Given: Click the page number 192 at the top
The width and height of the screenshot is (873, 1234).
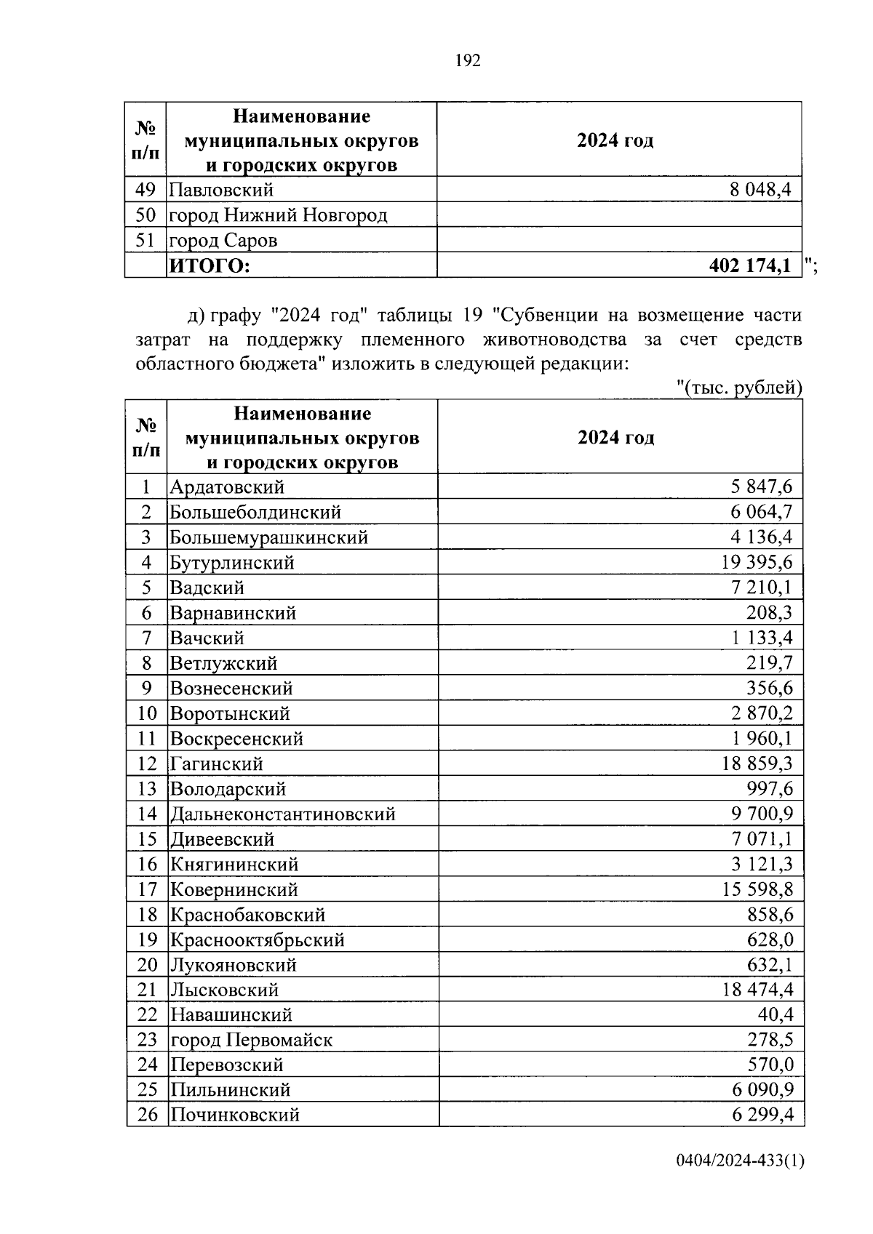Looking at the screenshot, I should click(468, 61).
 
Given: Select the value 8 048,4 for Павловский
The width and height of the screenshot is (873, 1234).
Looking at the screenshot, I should click(760, 191).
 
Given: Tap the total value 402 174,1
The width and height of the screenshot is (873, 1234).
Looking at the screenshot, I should click(749, 266).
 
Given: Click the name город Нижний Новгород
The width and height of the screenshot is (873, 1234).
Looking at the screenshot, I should click(278, 215).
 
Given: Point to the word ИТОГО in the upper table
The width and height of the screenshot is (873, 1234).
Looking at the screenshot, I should click(210, 266).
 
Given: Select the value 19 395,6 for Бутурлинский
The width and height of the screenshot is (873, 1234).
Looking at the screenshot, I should click(757, 562).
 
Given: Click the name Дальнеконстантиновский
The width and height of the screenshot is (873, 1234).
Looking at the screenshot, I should click(283, 814).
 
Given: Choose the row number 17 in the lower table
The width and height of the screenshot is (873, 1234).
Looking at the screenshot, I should click(147, 889).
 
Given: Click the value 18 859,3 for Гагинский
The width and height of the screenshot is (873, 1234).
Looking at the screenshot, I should click(757, 764).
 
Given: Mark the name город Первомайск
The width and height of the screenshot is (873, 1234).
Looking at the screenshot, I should click(251, 1040).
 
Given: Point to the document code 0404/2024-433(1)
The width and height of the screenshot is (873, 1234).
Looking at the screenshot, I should click(740, 1182).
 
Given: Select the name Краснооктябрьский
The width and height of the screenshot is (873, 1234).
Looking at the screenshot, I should click(257, 939).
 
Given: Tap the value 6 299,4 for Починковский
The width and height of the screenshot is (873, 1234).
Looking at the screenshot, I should click(762, 1115).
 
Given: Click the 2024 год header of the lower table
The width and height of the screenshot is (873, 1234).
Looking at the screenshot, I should click(615, 438).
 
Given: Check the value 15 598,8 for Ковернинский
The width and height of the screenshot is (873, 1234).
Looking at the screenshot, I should click(757, 889).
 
